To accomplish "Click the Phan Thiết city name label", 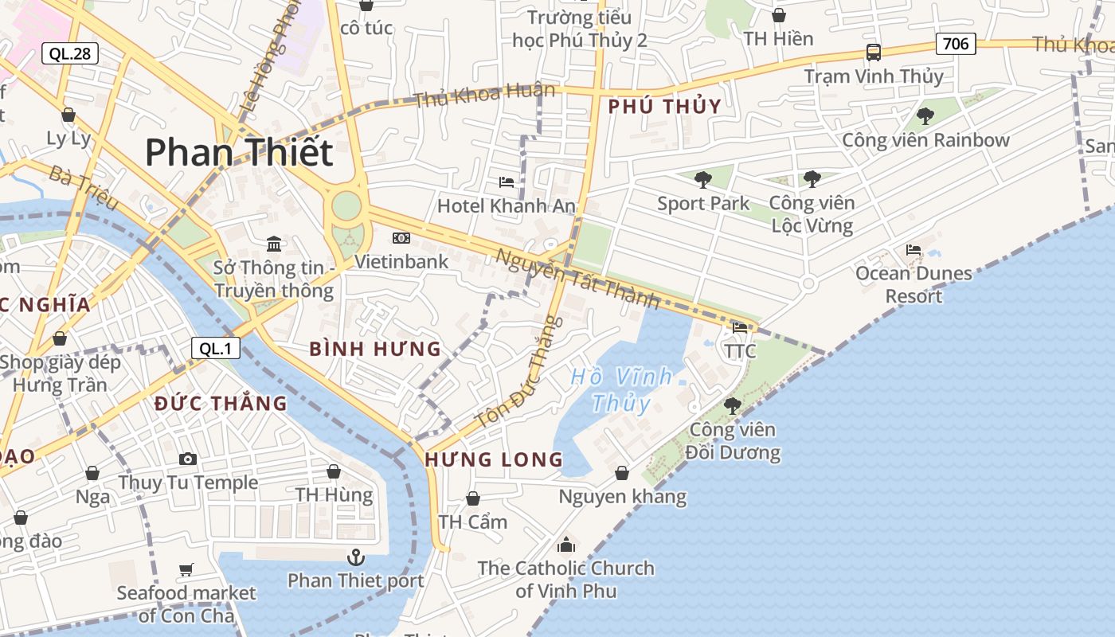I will click(x=238, y=151).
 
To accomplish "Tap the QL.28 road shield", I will click(x=70, y=53).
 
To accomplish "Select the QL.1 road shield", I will click(x=215, y=347).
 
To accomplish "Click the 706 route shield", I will click(x=956, y=43).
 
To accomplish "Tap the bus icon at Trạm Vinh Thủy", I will click(x=874, y=53).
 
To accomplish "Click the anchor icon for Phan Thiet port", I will click(x=356, y=557).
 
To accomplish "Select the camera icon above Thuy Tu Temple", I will click(x=188, y=459).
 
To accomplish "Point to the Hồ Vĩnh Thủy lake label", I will click(x=622, y=389).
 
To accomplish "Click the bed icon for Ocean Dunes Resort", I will click(x=914, y=250).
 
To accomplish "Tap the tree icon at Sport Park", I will click(x=702, y=179).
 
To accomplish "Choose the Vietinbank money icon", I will click(x=401, y=238).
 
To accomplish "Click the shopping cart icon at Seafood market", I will click(x=186, y=569).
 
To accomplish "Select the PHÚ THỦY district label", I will click(x=665, y=106).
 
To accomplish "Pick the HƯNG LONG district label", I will click(x=494, y=459).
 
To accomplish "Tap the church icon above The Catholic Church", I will click(x=566, y=545).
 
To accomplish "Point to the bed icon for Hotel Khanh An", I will click(x=507, y=182).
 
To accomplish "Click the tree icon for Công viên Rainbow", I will click(x=925, y=116).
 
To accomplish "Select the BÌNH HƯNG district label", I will click(x=375, y=348).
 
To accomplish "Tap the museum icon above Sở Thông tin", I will click(x=274, y=243).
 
